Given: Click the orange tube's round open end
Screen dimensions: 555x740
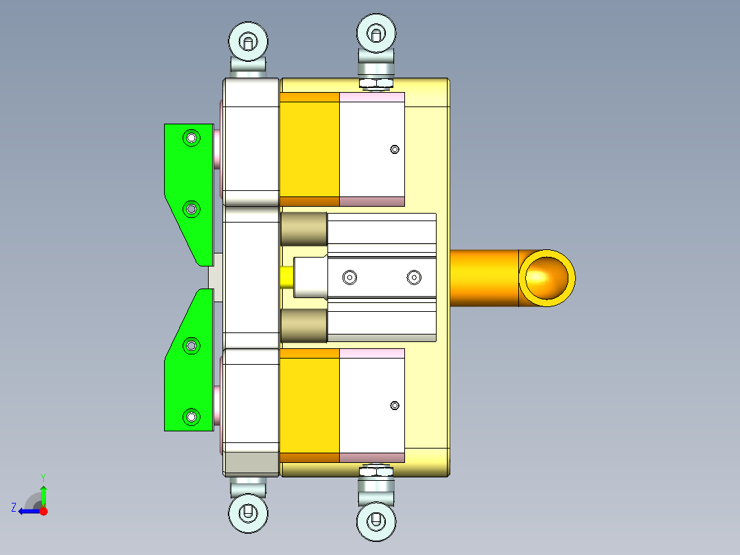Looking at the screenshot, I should point(546,277).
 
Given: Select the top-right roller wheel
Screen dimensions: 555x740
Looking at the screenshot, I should point(376,32).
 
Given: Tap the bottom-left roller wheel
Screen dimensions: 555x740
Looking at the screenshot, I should point(247,512).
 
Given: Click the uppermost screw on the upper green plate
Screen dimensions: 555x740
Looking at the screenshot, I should point(192,138).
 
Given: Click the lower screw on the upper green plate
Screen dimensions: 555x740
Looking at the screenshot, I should point(192,208).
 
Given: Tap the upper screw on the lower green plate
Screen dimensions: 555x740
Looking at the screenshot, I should point(192,346).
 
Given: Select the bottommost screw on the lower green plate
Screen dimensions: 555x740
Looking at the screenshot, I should point(192,416).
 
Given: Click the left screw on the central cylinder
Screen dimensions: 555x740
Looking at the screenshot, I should point(350,277).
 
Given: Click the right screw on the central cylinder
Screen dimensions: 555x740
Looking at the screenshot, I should point(413,277).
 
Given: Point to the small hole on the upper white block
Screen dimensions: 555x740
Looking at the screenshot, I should point(394,149).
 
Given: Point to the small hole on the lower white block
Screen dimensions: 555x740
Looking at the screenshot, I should point(394,405).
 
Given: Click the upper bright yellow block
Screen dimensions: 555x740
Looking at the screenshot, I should point(310,149).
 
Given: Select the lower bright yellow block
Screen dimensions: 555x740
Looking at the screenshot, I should point(310,405).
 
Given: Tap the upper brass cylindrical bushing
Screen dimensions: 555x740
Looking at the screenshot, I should point(303,229).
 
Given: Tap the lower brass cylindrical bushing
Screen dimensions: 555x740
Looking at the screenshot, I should point(303,326).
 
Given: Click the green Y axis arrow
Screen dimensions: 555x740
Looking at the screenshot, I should point(43,493).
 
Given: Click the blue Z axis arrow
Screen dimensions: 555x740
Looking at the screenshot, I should point(26,511).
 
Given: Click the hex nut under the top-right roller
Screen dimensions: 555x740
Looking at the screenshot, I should point(376,84).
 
